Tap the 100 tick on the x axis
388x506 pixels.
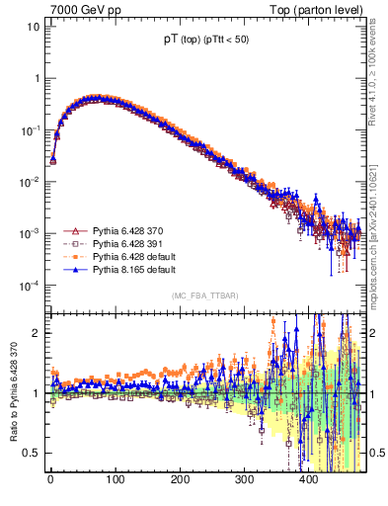pos(116,478)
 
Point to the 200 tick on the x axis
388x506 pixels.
pos(181,478)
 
